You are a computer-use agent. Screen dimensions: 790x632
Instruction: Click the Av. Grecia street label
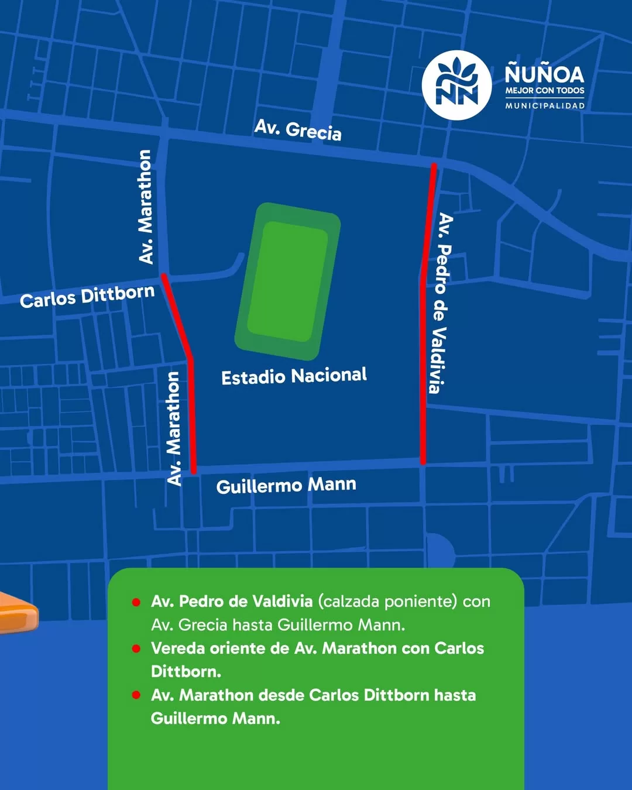tap(298, 129)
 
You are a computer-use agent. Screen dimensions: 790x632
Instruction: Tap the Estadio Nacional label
tap(294, 376)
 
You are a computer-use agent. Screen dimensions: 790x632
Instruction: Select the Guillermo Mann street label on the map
tap(286, 485)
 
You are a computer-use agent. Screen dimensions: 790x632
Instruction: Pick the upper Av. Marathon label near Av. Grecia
tap(145, 207)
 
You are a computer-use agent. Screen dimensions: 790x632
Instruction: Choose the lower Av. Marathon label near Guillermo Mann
tap(174, 428)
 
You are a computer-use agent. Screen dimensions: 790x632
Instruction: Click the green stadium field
tap(288, 281)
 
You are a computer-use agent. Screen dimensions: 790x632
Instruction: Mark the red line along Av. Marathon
tap(191, 410)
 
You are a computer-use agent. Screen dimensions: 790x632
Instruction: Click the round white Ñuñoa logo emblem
tap(456, 85)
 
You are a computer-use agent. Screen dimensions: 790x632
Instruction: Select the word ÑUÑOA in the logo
tap(544, 74)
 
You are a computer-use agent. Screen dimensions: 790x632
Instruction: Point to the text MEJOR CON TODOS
tap(545, 91)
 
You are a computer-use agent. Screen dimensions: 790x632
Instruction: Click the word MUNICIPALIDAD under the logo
tap(545, 106)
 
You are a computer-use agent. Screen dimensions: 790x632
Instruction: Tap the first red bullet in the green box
tap(136, 602)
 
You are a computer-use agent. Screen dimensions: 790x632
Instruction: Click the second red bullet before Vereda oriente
tap(136, 648)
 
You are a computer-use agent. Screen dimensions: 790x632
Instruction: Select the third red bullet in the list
tap(136, 695)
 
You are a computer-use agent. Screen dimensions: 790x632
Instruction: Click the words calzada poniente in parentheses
tap(387, 602)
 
